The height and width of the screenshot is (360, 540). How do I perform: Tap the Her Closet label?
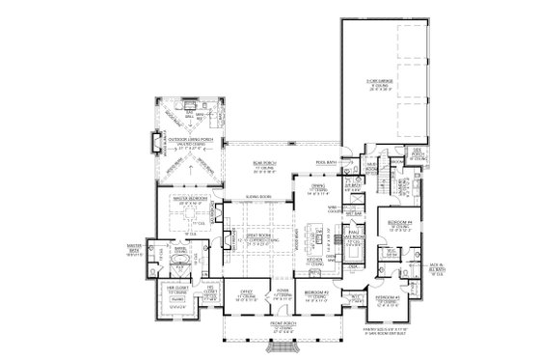pyautogui.click(x=180, y=289)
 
